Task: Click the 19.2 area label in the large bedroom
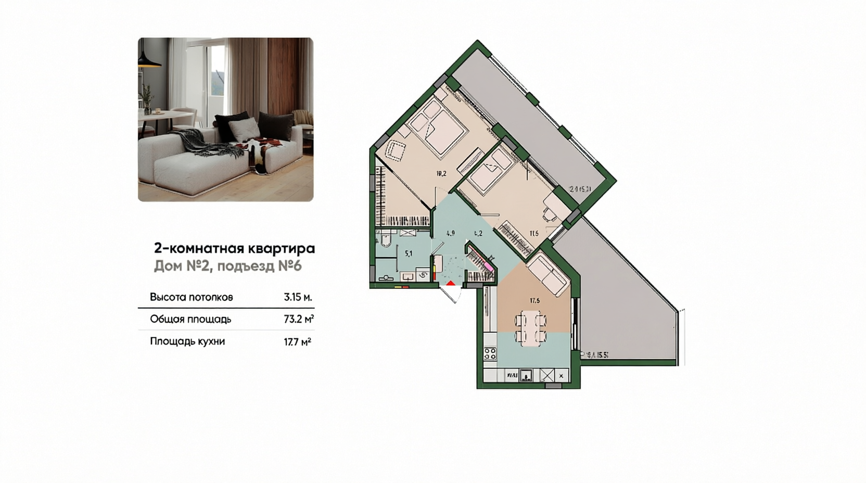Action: click(441, 174)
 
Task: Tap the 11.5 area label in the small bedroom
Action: click(534, 234)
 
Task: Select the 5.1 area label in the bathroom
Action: click(409, 254)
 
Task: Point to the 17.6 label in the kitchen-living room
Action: click(534, 301)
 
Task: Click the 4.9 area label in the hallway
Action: click(451, 233)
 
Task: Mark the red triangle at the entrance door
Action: click(451, 283)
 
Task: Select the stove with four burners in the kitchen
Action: click(490, 354)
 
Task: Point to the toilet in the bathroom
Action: click(386, 240)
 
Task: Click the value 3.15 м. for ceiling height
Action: click(298, 297)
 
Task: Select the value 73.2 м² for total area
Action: click(298, 319)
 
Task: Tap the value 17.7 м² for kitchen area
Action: click(298, 341)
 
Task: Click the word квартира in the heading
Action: click(282, 248)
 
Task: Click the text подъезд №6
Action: click(259, 266)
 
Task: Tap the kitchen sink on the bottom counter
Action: click(526, 375)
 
